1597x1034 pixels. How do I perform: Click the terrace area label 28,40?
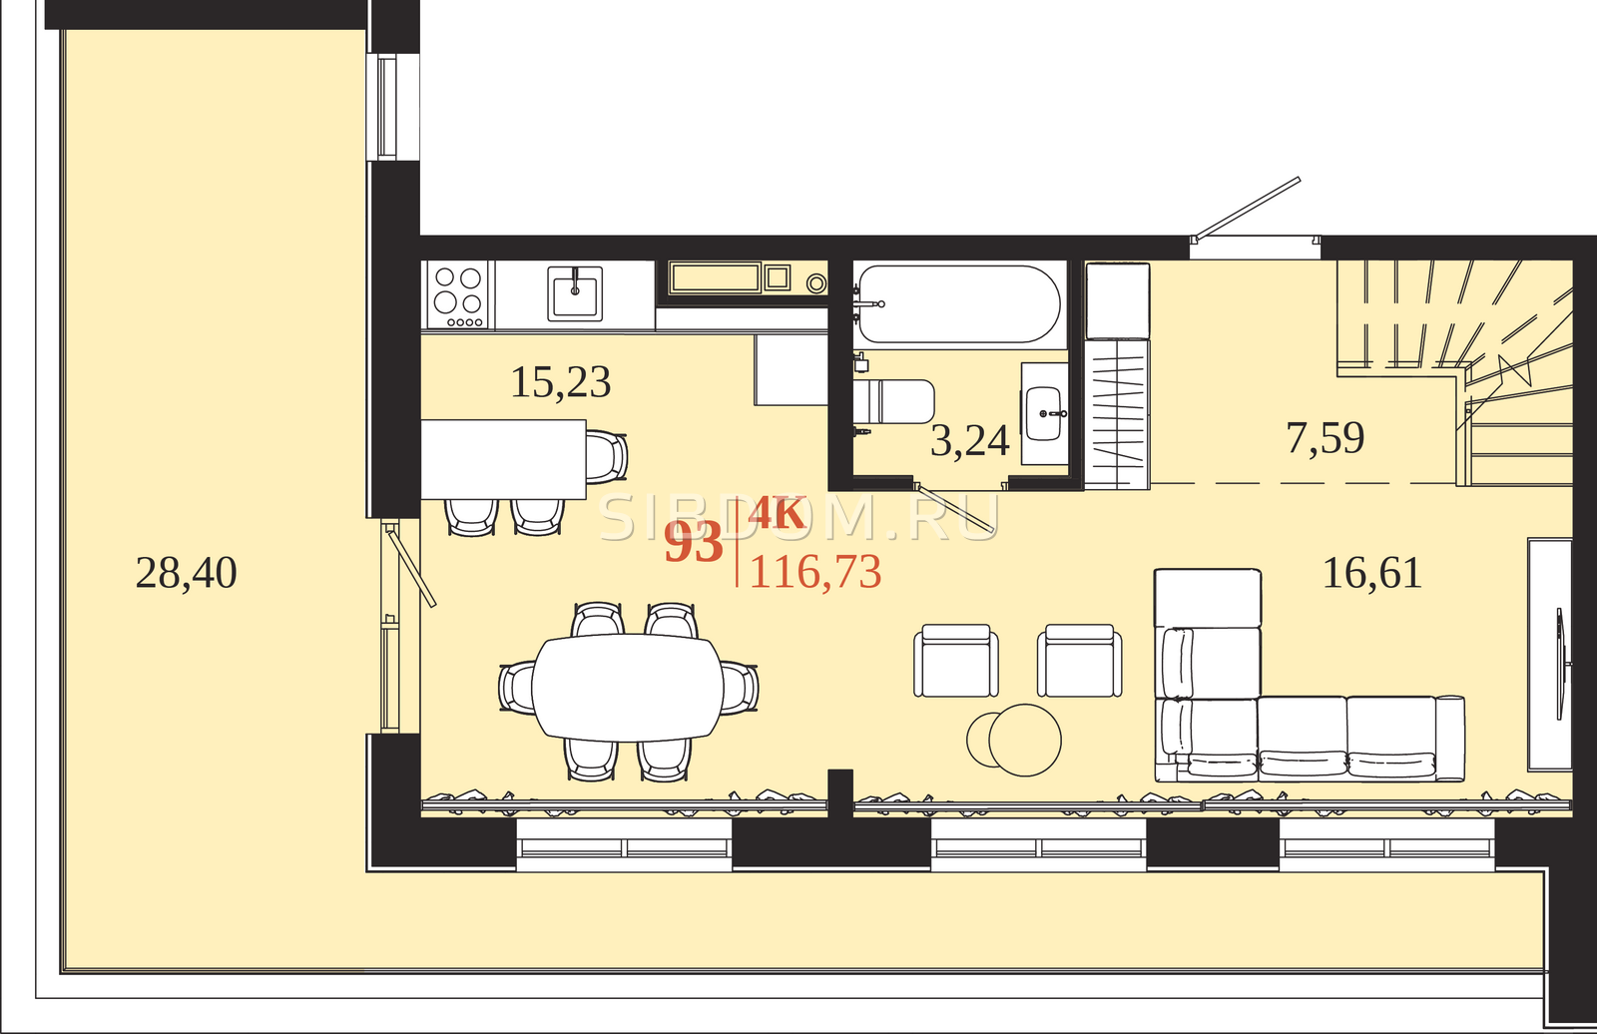click(186, 573)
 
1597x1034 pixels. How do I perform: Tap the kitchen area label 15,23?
click(561, 382)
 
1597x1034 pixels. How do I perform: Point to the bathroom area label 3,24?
click(970, 440)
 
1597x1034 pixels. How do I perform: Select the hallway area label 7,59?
click(1326, 437)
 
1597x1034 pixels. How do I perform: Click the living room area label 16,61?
click(1372, 573)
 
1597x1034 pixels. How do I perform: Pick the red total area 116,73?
click(815, 571)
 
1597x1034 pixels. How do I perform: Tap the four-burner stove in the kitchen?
click(458, 294)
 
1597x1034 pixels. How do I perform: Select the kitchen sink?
click(575, 293)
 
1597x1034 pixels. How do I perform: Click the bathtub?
click(959, 303)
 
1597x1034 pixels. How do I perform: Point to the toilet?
click(894, 401)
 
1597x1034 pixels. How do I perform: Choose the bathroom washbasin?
click(1044, 413)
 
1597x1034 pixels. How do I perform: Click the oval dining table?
click(628, 688)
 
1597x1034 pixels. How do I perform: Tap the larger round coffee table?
click(1024, 741)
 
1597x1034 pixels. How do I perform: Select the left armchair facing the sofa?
click(956, 661)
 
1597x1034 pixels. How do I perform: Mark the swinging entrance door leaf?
click(1249, 208)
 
